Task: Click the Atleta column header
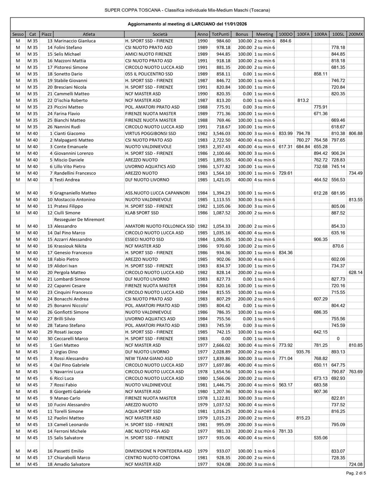point(89,34)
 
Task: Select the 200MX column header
point(355,34)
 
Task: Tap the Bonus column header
point(242,34)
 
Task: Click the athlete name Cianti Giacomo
point(68,133)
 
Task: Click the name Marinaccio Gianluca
point(75,41)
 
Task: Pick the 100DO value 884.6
point(285,41)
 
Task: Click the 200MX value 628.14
point(355,272)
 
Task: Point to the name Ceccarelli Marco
point(71,338)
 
